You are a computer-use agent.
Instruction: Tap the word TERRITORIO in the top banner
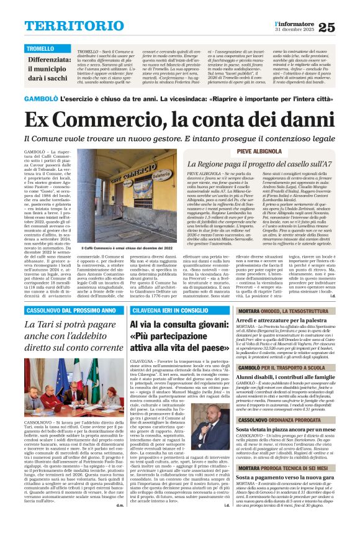[66, 25]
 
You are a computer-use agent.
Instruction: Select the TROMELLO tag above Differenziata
[40, 48]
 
